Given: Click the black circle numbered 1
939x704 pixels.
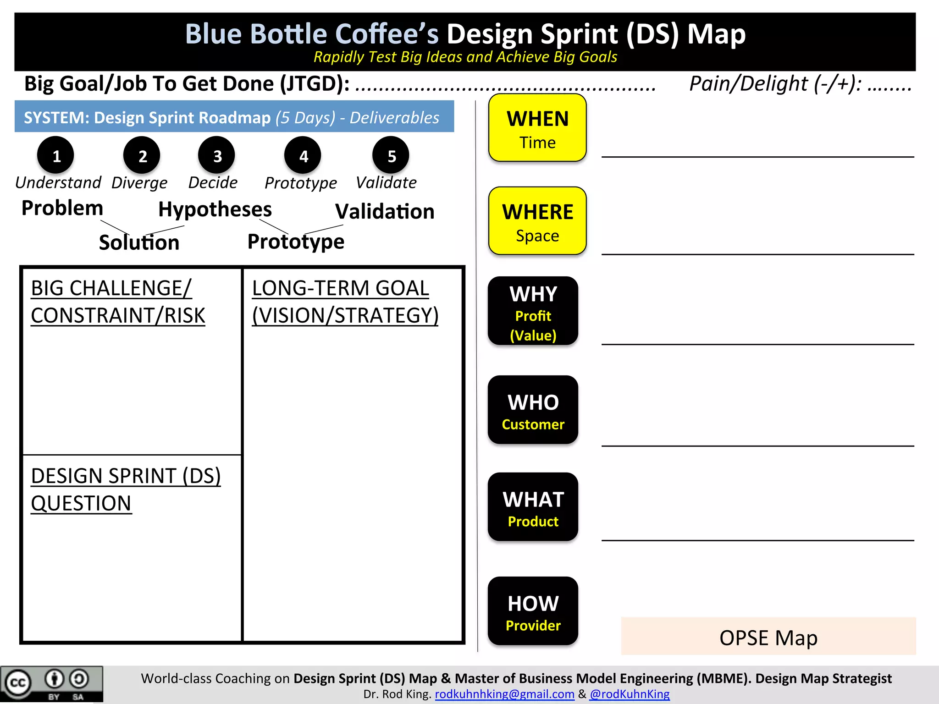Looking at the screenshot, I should point(56,156).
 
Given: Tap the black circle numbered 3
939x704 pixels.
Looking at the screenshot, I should point(217,156).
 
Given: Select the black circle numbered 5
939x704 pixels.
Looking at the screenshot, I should point(391,156).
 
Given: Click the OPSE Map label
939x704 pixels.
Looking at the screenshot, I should point(768,637).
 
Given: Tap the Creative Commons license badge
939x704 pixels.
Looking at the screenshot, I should point(51,684).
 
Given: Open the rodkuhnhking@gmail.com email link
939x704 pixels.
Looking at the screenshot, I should point(504,694).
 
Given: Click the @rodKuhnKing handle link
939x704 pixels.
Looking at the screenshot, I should point(630,694).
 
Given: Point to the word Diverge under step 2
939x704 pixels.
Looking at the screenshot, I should point(139,183).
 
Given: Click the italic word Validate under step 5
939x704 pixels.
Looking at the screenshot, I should point(386,183).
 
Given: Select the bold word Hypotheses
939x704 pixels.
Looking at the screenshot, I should point(215,209).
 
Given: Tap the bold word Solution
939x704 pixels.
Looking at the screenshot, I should point(139,242).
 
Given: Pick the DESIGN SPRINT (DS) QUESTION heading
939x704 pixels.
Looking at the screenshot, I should point(126,489).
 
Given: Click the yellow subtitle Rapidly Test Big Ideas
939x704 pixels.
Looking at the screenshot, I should point(465,57).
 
